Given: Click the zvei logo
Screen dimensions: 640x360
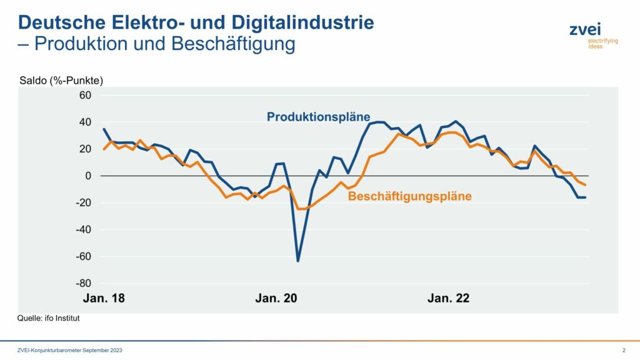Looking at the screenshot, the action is coord(594,35).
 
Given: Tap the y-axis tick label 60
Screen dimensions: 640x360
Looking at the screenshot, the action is coord(85,95).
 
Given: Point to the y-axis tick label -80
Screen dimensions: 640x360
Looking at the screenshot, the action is coord(83,283).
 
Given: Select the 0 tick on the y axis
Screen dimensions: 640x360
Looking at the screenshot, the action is coord(88,176).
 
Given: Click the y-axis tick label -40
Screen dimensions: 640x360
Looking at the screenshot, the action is coord(83,229).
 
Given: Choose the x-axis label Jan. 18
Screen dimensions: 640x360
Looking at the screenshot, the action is coord(104,298).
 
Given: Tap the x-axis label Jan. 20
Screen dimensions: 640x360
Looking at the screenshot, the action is coord(276,298).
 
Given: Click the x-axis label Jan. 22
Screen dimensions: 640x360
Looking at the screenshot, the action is coord(448,298).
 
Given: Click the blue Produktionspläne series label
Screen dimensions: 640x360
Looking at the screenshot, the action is coord(318,117).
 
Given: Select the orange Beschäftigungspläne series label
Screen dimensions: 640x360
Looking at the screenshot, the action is coord(410,196).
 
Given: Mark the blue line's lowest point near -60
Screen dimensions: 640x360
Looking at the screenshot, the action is coord(298,261).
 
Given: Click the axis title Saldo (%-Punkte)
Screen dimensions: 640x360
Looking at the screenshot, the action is coord(61,81).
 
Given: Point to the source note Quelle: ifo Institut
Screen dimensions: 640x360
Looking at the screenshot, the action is coord(48,318).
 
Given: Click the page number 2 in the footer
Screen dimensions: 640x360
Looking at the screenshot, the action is coord(624,350).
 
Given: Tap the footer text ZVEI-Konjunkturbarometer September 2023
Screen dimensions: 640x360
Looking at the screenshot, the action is coord(70,350).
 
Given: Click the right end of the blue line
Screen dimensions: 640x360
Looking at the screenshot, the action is coord(585,197).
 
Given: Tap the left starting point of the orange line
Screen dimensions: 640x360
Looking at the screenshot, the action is coord(104,149).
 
